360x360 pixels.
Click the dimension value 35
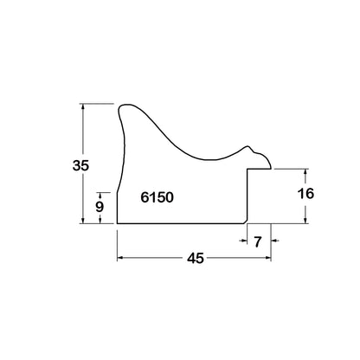tap(81, 165)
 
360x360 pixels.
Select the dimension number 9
tap(100, 207)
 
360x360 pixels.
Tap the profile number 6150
tap(157, 197)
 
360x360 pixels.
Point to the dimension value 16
tap(305, 194)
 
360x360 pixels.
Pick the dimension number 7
tap(258, 241)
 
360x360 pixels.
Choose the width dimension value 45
tap(196, 258)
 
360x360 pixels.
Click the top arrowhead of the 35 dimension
tap(83, 106)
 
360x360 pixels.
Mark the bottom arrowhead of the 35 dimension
tap(83, 221)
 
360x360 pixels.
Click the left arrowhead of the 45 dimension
tap(119, 258)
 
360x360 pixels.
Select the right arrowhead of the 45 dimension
tap(268, 258)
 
